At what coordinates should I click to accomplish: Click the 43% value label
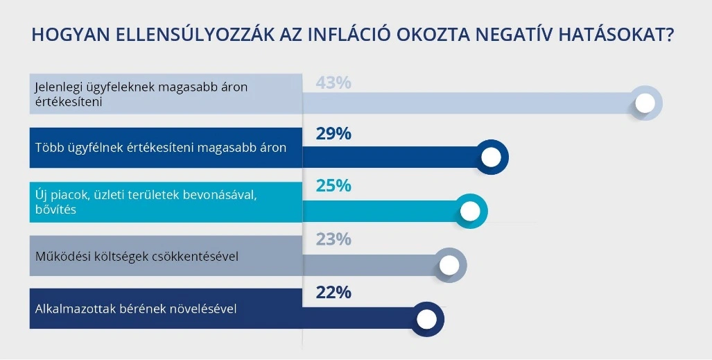click(x=333, y=83)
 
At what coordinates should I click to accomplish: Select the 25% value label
click(x=333, y=186)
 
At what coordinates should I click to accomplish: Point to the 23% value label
click(x=333, y=239)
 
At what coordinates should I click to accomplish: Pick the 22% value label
click(x=333, y=292)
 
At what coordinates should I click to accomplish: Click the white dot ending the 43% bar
click(x=645, y=104)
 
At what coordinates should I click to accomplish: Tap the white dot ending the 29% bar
click(x=491, y=157)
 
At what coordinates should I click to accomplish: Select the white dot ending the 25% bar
click(x=470, y=211)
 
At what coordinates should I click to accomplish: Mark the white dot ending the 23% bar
click(x=449, y=264)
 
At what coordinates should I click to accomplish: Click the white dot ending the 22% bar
click(x=427, y=319)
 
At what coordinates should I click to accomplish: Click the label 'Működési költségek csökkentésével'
click(x=137, y=256)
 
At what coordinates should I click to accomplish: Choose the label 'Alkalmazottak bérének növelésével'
click(x=136, y=309)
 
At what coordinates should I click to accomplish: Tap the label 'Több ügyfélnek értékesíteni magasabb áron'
click(x=160, y=147)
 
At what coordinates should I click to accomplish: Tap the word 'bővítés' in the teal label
click(x=55, y=209)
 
